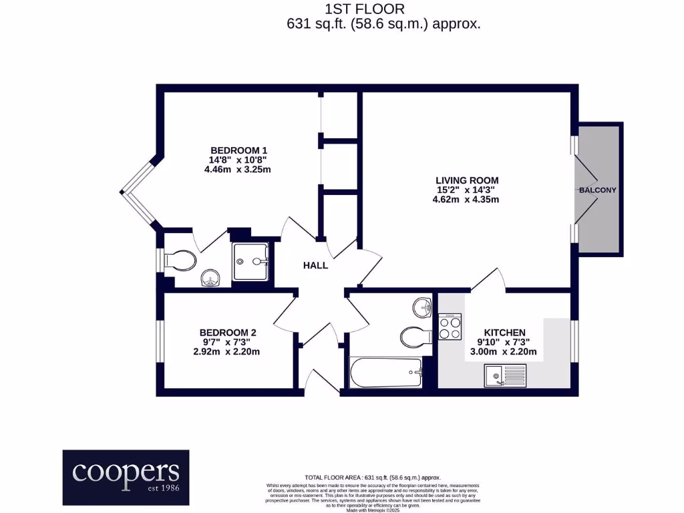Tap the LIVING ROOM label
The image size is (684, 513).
[467, 180]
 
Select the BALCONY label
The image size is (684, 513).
[597, 190]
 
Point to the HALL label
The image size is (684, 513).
[315, 265]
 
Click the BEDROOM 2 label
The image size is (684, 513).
[228, 332]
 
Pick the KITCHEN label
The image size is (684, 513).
[504, 332]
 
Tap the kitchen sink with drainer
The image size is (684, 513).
[505, 375]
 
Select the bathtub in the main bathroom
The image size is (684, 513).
[386, 373]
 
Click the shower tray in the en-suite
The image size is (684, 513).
[251, 261]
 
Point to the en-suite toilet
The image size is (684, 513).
[179, 261]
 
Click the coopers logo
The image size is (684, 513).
[126, 477]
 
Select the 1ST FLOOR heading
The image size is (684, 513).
[364, 9]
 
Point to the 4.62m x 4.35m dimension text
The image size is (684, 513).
[467, 199]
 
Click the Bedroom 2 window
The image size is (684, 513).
[160, 342]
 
